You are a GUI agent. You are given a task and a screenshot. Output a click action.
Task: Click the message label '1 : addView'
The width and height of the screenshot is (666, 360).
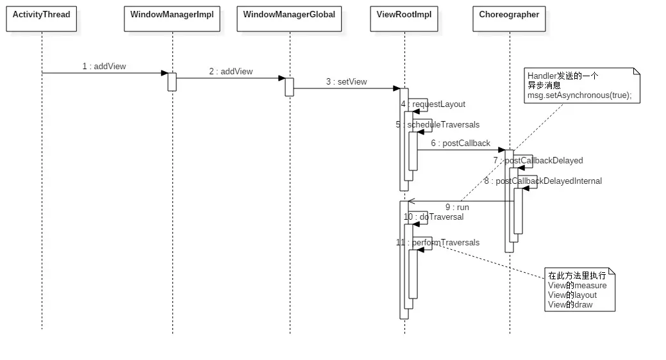tap(104, 66)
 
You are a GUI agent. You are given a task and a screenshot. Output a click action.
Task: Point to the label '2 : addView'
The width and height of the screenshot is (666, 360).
tap(231, 72)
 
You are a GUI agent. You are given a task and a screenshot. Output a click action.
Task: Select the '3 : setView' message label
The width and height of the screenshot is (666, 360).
tap(346, 81)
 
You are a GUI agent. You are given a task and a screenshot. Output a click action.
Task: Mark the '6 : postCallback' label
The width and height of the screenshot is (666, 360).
tap(460, 143)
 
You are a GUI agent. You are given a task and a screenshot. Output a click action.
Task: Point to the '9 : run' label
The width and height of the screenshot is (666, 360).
tap(457, 207)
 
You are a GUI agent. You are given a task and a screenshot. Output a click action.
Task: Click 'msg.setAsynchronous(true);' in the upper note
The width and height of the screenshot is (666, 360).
tap(579, 95)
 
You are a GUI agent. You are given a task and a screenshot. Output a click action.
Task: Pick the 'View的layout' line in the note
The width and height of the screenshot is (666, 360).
tap(572, 295)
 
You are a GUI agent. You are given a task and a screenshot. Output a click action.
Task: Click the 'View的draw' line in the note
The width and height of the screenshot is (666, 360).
tap(570, 304)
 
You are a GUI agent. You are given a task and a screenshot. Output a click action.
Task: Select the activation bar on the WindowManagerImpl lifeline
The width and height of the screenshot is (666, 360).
tap(172, 81)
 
